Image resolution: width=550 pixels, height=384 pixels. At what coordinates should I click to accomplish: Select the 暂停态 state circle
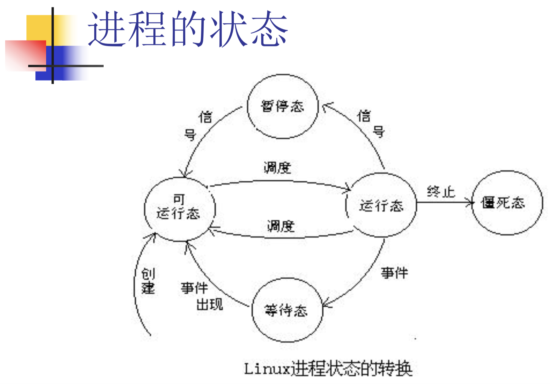tap(283, 107)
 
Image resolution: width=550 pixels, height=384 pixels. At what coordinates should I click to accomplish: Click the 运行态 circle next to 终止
tap(381, 205)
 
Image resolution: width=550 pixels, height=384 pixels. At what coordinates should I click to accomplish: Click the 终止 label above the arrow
tap(441, 191)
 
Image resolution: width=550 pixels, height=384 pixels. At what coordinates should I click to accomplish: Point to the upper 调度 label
tap(277, 168)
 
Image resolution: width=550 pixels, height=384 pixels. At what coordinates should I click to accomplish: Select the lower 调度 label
tap(281, 226)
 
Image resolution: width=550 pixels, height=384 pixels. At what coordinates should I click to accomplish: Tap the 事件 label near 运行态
tap(395, 273)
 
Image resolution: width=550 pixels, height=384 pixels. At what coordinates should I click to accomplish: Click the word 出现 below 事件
tap(210, 304)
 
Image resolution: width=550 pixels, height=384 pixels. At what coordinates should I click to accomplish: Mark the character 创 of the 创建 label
tap(148, 274)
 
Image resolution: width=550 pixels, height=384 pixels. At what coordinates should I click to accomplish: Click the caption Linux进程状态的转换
tap(328, 369)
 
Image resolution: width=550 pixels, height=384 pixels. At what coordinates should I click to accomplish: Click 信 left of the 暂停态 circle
tap(206, 117)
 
